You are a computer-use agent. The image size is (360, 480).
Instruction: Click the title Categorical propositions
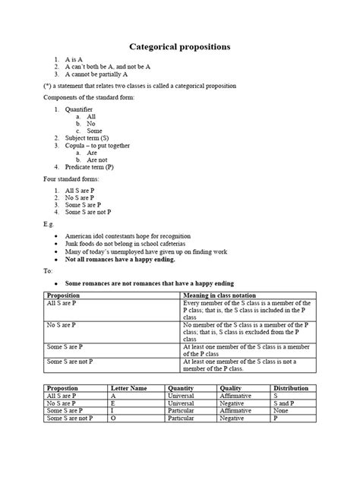click(179, 47)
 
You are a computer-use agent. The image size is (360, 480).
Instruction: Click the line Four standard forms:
click(71, 178)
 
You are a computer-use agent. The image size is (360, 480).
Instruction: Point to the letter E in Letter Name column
click(113, 403)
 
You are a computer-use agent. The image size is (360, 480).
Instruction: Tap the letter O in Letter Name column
click(113, 418)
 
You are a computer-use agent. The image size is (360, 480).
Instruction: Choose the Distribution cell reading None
click(281, 410)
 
